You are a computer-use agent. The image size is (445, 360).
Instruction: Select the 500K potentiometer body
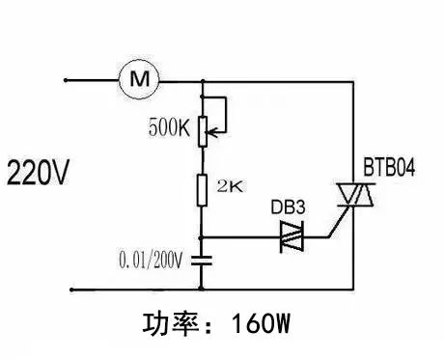coord(202,130)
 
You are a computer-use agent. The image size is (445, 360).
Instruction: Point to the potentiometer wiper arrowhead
coord(209,130)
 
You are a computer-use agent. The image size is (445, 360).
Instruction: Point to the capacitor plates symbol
coord(202,260)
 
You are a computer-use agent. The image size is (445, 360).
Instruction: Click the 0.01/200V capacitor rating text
coord(154,260)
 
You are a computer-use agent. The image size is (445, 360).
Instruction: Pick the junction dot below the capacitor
coord(202,288)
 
